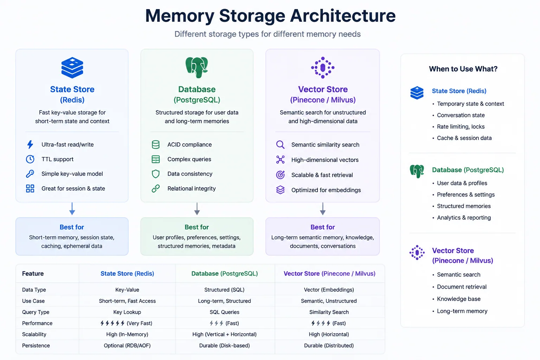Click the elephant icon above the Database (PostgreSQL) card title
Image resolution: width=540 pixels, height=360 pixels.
[x=197, y=67]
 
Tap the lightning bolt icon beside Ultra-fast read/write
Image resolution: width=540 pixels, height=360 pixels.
[x=30, y=144]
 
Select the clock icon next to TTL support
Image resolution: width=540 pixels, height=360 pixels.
[x=30, y=159]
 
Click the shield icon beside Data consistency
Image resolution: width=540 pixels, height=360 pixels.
[x=156, y=174]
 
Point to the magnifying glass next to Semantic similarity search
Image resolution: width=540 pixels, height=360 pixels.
[x=280, y=145]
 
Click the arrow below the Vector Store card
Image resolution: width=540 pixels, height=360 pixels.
[x=323, y=209]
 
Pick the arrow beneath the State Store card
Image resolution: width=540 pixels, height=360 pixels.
[x=72, y=209]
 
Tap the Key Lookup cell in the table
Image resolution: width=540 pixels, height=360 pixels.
[x=127, y=312]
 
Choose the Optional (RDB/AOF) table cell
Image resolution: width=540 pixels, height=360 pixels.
[x=127, y=346]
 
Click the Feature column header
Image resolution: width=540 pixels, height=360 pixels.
[x=33, y=274]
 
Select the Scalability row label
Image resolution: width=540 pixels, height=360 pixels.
[x=34, y=334]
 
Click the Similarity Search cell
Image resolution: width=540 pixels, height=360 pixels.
[x=329, y=312]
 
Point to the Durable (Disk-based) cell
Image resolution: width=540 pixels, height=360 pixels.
[x=224, y=346]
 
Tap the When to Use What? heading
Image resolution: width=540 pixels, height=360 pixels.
[x=463, y=69]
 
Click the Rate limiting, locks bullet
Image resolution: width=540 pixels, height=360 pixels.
[x=461, y=127]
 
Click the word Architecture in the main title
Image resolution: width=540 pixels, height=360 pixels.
[x=342, y=15]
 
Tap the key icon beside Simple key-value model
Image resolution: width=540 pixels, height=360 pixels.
[x=30, y=174]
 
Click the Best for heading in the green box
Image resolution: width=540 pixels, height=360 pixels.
[x=197, y=227]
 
